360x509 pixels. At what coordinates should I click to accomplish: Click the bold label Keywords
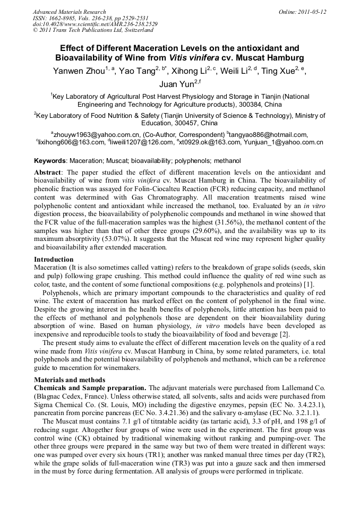coord(50,160)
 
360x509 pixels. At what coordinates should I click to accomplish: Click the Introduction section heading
coord(54,260)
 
